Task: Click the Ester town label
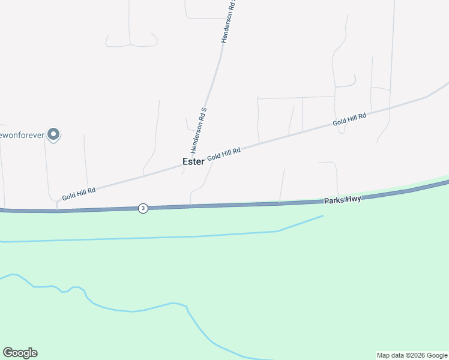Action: pyautogui.click(x=193, y=162)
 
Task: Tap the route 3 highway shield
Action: pyautogui.click(x=142, y=208)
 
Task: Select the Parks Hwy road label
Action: pyautogui.click(x=343, y=199)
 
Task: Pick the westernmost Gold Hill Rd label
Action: pyautogui.click(x=79, y=194)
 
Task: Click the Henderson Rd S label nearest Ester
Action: pyautogui.click(x=199, y=130)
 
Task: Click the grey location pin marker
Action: pyautogui.click(x=53, y=134)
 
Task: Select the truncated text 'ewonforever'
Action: pyautogui.click(x=22, y=135)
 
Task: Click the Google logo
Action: pyautogui.click(x=20, y=353)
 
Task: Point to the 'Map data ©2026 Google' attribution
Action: pyautogui.click(x=412, y=355)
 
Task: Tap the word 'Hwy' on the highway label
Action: pyautogui.click(x=353, y=199)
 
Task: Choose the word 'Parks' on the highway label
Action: pyautogui.click(x=334, y=200)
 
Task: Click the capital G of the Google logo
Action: pyautogui.click(x=7, y=353)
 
